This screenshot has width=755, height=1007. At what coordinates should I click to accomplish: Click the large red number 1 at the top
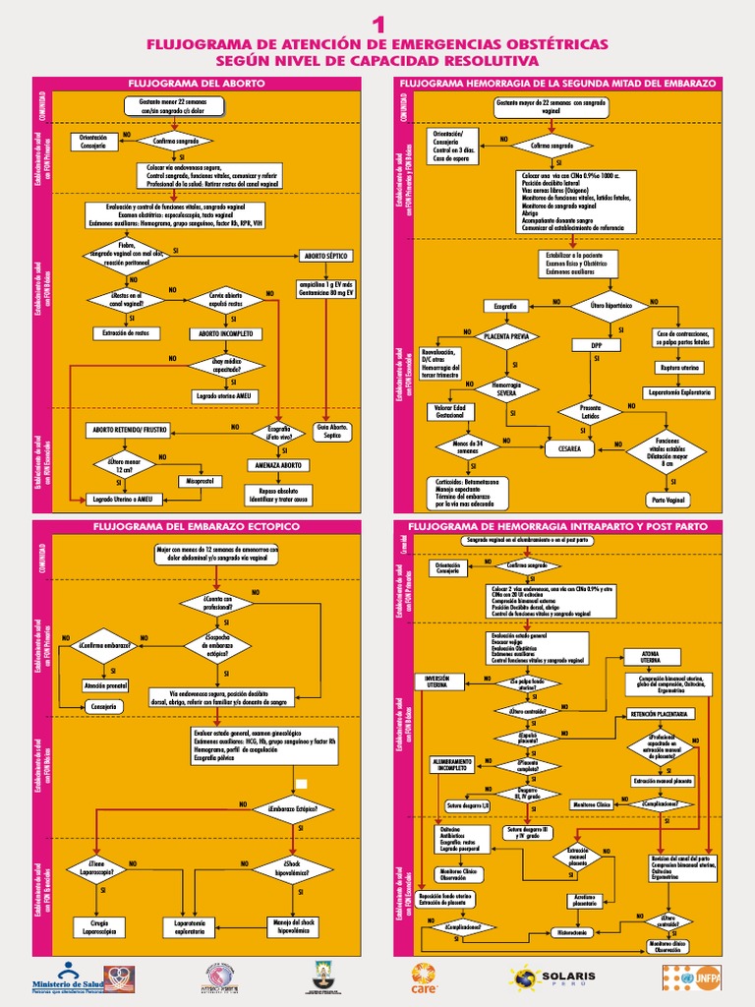[378, 24]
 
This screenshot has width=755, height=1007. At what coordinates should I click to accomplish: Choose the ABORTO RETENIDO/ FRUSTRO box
[131, 430]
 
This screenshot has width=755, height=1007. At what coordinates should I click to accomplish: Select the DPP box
[596, 346]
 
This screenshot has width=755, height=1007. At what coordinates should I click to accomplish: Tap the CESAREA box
[569, 448]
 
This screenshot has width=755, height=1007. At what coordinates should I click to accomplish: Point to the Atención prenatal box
[107, 684]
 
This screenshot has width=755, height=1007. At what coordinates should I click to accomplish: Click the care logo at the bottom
[428, 977]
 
